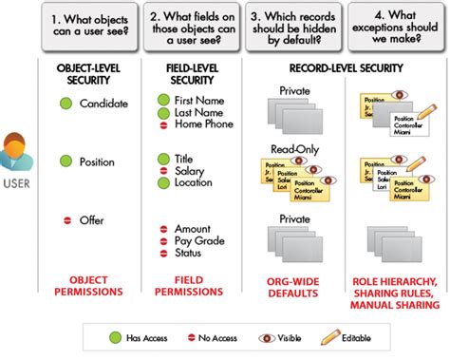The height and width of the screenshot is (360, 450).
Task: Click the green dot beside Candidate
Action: pyautogui.click(x=65, y=103)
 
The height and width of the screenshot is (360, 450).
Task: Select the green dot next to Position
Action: pyautogui.click(x=65, y=161)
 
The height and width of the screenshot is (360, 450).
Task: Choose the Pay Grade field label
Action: pyautogui.click(x=199, y=242)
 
